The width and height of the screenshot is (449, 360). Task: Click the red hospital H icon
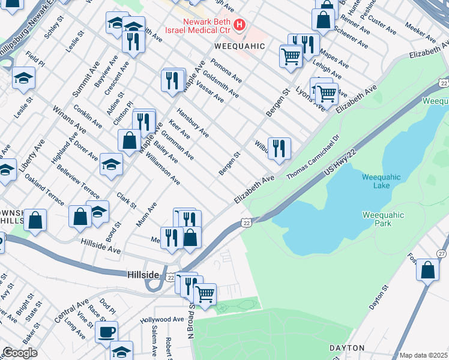tap(240, 25)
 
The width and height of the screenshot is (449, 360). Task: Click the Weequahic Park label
tap(383, 219)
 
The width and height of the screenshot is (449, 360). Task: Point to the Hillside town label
tap(143, 275)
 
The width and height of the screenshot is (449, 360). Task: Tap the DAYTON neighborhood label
tap(346, 348)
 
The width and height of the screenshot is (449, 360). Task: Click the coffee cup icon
tap(107, 331)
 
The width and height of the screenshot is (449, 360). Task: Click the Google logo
tap(20, 353)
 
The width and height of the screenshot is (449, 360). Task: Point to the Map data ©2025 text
tap(423, 355)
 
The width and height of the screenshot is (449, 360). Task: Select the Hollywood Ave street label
tap(162, 320)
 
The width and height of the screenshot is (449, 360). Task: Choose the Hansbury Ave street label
tap(193, 123)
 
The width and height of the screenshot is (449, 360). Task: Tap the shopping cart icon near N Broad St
tap(205, 294)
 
